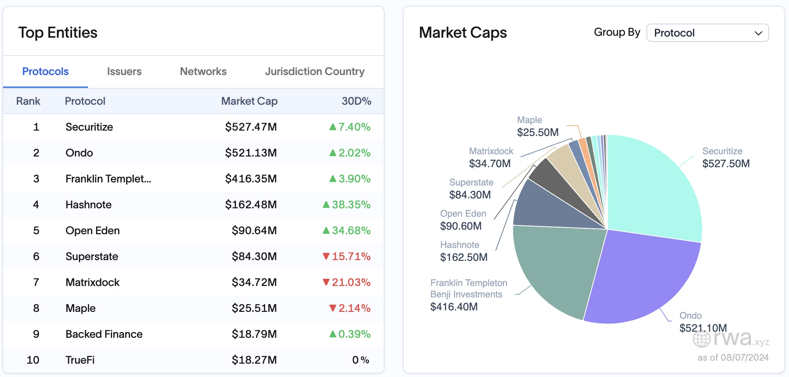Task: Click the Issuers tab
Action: click(124, 72)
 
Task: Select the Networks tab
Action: click(203, 72)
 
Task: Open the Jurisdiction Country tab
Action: click(314, 72)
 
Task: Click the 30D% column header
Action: click(356, 101)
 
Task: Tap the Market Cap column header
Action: click(249, 101)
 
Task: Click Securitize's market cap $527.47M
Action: click(250, 127)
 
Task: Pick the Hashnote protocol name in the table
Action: click(88, 205)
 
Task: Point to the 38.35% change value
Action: click(351, 205)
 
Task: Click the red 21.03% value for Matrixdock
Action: click(351, 283)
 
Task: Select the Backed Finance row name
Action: click(104, 334)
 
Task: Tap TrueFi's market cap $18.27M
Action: click(254, 360)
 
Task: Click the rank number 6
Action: click(36, 257)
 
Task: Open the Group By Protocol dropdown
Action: click(707, 33)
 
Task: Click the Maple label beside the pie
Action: click(529, 120)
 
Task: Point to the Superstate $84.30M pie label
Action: click(470, 189)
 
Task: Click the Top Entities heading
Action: click(58, 33)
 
